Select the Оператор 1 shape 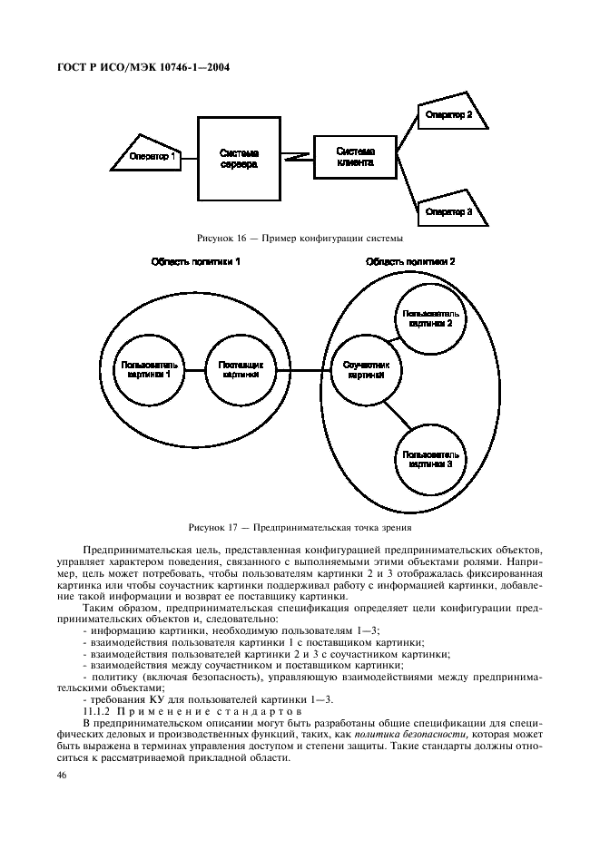(x=150, y=156)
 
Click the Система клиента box (x=354, y=156)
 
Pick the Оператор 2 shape (x=452, y=116)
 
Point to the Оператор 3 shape (x=452, y=210)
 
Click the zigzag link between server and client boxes (x=297, y=157)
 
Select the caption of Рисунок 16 (x=300, y=238)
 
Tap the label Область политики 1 (x=196, y=262)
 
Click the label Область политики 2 (x=410, y=262)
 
